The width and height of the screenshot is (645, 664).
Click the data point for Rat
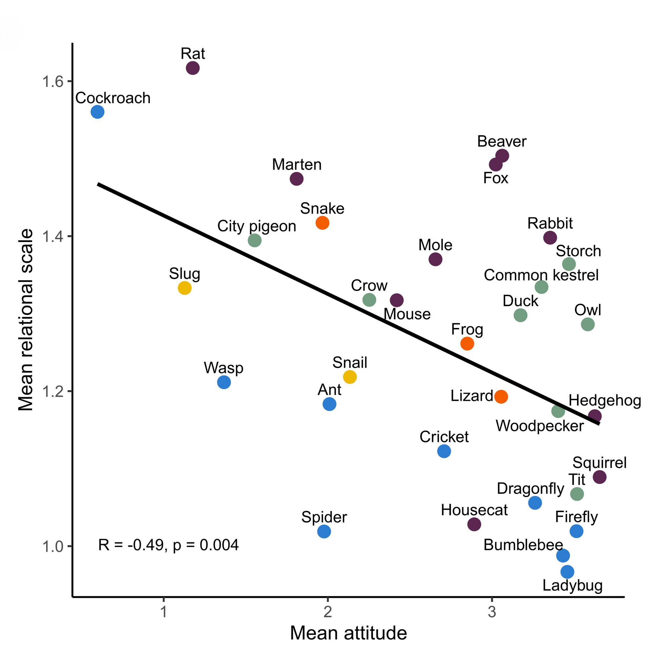193,68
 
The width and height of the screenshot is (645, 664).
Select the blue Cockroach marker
97,112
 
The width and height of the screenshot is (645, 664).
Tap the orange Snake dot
322,223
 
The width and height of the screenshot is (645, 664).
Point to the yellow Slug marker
185,288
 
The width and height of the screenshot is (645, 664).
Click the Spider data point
324,531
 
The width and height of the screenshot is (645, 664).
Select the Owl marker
588,324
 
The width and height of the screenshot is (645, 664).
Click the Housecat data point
474,524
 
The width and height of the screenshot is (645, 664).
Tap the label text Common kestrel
541,275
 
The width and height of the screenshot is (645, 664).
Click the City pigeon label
256,226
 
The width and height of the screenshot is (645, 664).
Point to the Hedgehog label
605,400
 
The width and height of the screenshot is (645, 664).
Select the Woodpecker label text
540,426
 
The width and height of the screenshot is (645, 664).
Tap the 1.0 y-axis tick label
52,546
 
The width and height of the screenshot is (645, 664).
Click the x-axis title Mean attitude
348,633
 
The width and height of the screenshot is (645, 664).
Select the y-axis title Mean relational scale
26,320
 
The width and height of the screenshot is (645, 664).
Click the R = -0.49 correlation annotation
168,545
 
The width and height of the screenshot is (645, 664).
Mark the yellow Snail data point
350,377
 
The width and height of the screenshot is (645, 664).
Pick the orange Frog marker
467,343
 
